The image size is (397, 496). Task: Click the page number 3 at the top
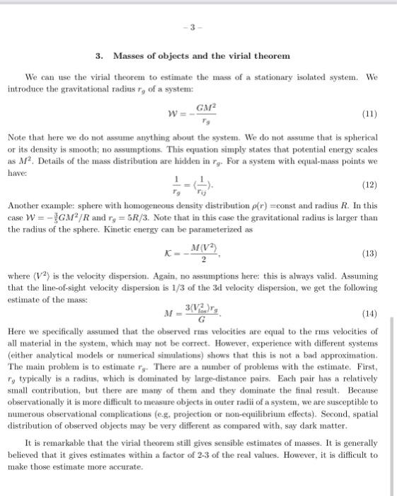tap(198, 31)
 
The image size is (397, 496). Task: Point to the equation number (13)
tap(369, 253)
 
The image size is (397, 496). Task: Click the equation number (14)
tap(369, 312)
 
